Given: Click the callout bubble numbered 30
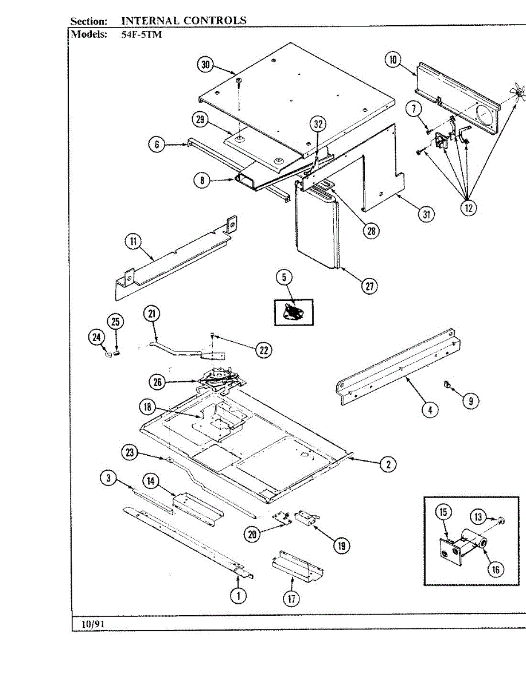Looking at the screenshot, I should pyautogui.click(x=205, y=65).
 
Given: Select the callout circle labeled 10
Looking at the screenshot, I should pyautogui.click(x=392, y=60).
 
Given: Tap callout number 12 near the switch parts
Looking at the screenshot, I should pyautogui.click(x=469, y=208).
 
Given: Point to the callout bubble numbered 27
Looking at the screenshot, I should pyautogui.click(x=369, y=286).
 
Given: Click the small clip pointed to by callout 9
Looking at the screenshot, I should pyautogui.click(x=446, y=384).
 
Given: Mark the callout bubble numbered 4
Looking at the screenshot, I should pyautogui.click(x=429, y=409).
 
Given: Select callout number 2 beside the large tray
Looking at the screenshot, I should pyautogui.click(x=388, y=464).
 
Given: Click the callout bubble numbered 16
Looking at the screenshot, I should pyautogui.click(x=495, y=569).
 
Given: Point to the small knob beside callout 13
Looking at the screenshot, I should pyautogui.click(x=500, y=520).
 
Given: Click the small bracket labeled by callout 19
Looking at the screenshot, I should pyautogui.click(x=304, y=519).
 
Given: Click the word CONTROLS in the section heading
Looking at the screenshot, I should pyautogui.click(x=215, y=21).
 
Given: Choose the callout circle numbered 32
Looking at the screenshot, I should pyautogui.click(x=318, y=124).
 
